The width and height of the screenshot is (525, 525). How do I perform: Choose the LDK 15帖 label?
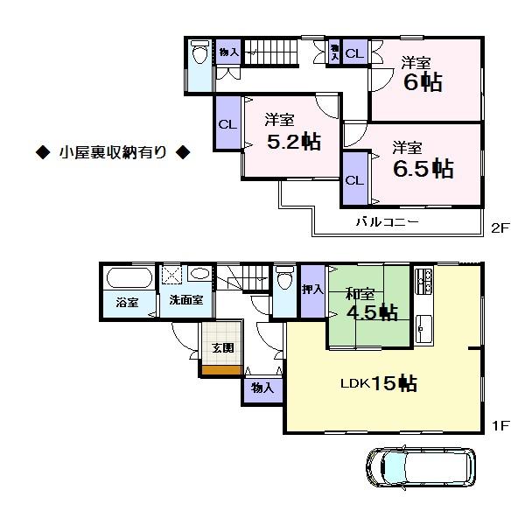[378, 382]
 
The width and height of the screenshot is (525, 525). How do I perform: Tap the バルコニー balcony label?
[387, 223]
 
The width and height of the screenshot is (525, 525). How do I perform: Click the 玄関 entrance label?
[222, 347]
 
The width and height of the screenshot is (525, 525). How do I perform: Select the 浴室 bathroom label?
[127, 303]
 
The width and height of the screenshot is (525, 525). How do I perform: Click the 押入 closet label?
[312, 290]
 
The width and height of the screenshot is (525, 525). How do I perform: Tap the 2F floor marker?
[500, 229]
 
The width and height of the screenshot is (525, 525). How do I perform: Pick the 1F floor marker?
[500, 426]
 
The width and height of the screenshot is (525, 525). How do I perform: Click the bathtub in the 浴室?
[128, 279]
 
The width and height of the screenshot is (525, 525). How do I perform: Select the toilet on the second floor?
[199, 57]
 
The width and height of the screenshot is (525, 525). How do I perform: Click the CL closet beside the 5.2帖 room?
[227, 124]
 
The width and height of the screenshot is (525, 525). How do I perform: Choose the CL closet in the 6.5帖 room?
[354, 180]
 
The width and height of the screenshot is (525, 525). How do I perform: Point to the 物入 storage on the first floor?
[262, 388]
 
